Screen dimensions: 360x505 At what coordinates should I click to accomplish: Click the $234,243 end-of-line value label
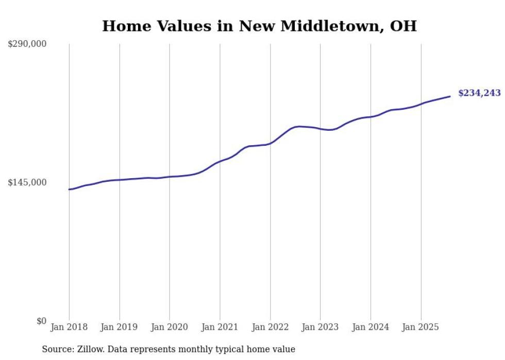[479, 93]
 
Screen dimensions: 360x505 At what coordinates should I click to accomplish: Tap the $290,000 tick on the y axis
[27, 44]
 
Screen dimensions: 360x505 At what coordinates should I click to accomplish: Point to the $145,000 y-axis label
[27, 182]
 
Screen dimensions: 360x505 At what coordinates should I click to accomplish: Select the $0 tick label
[41, 321]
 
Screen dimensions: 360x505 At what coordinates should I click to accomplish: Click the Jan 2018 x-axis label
[69, 327]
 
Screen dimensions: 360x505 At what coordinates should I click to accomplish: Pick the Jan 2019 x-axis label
[120, 327]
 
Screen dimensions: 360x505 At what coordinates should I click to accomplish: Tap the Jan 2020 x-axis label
[170, 327]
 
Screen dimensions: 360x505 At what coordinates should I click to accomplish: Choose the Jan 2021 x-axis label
[220, 327]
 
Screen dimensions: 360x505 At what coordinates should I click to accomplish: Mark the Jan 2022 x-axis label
[270, 327]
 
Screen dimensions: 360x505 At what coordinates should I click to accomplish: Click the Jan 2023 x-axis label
[320, 327]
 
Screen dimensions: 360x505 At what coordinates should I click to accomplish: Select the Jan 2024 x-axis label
[371, 327]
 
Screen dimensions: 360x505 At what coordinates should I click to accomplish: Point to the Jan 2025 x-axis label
[421, 327]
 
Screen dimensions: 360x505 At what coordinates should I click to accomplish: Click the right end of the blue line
[450, 96]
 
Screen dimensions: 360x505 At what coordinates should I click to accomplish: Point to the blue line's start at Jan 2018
[69, 190]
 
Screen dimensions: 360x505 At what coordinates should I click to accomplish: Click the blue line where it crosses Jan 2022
[270, 143]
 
